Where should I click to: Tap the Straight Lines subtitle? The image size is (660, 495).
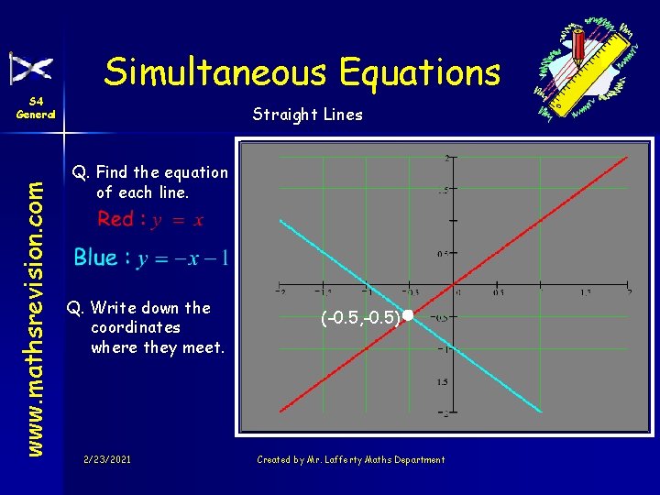[307, 115]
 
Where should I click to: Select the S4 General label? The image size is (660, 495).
[36, 108]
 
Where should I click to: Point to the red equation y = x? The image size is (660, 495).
[180, 219]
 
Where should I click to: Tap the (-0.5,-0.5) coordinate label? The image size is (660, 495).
[360, 317]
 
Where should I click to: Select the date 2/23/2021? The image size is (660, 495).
[106, 459]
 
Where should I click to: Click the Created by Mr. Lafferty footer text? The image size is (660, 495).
[350, 459]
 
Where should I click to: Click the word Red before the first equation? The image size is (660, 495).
[115, 219]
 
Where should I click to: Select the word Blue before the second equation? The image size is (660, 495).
[96, 258]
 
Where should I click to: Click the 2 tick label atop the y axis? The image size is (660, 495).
[446, 159]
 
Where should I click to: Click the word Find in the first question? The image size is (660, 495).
[112, 172]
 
